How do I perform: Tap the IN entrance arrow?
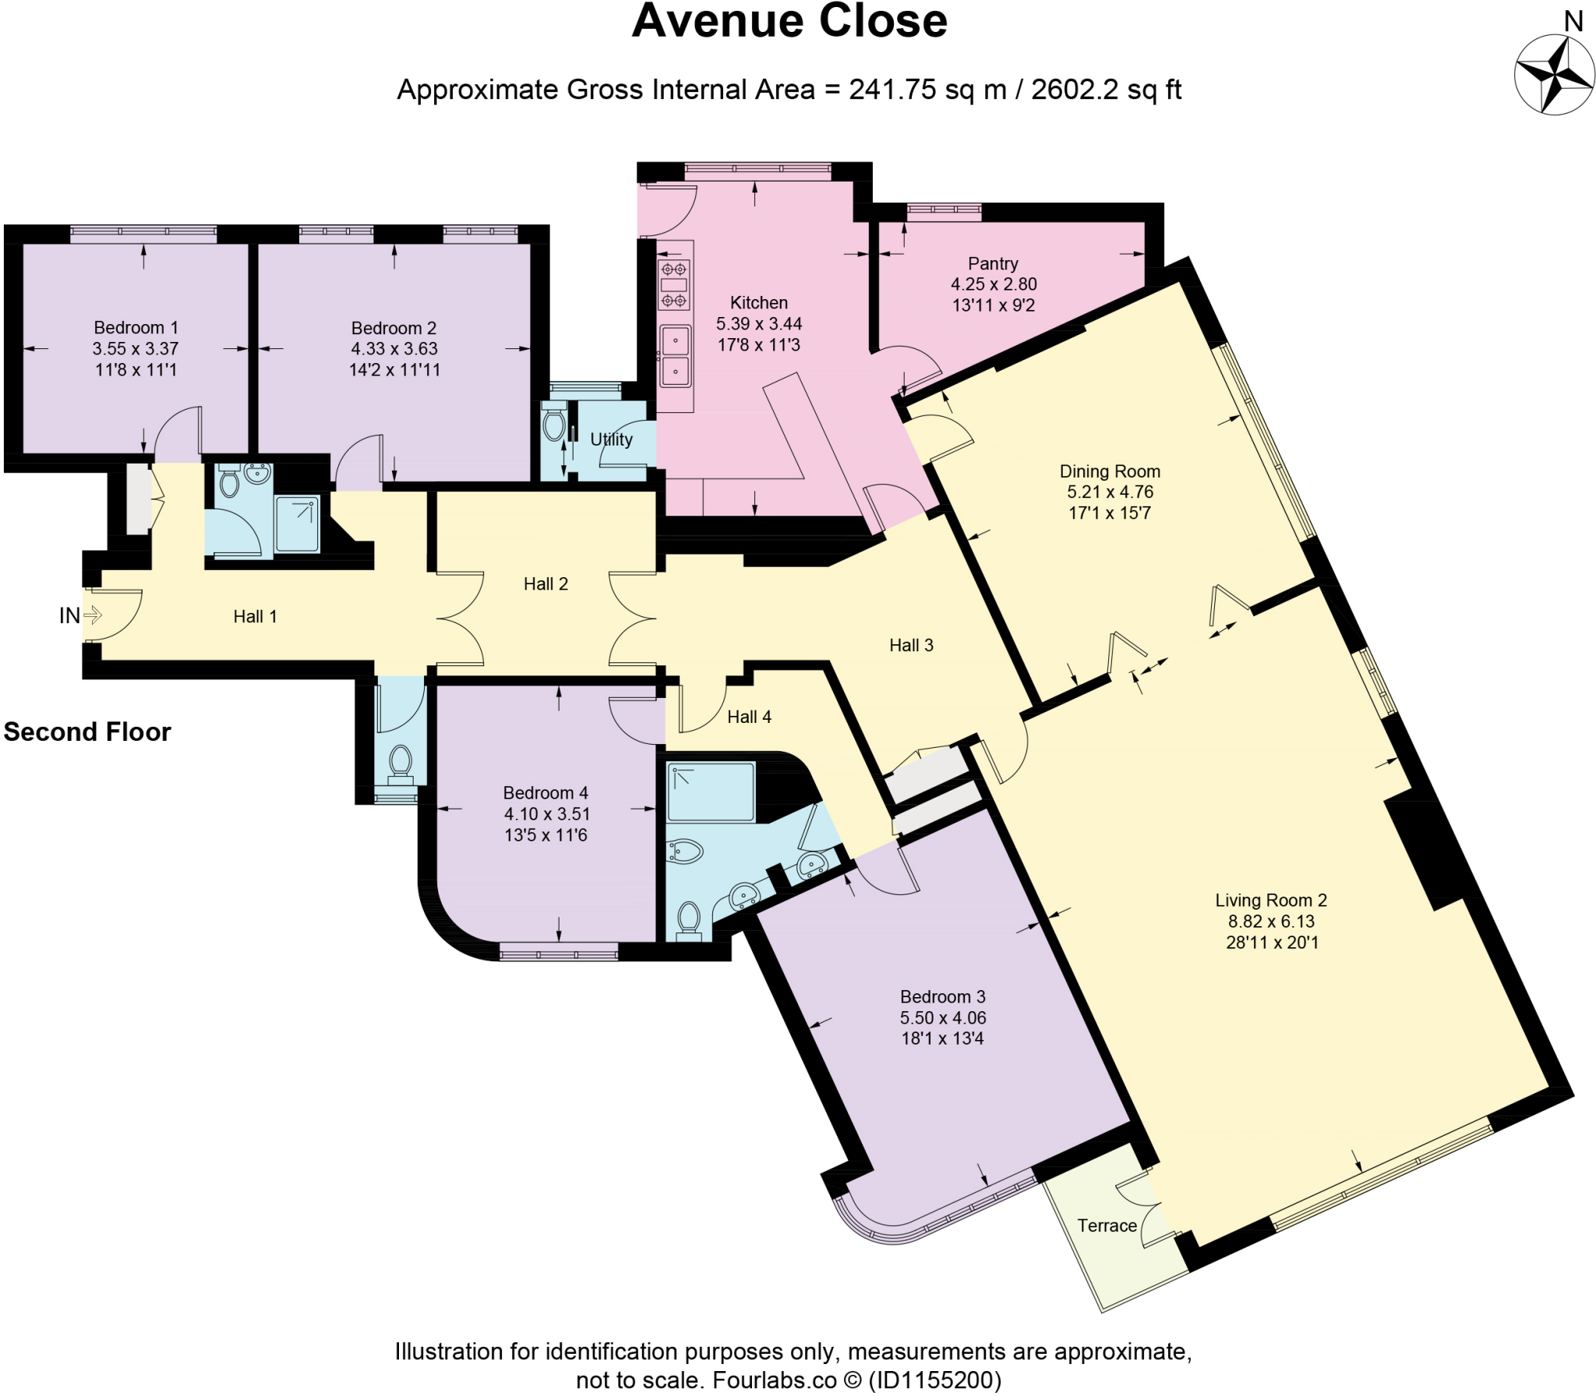[92, 615]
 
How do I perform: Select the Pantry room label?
[993, 263]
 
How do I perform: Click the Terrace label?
[1107, 1226]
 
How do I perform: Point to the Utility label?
[611, 439]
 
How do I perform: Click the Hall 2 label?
[546, 583]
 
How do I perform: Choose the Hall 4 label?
[749, 717]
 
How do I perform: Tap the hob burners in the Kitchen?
[674, 284]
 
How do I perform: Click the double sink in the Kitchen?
[676, 357]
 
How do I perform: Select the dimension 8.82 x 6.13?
[1271, 921]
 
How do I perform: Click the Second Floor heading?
[87, 731]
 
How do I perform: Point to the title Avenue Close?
[789, 21]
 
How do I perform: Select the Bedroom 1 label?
[136, 327]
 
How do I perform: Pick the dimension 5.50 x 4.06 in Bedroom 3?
[943, 1017]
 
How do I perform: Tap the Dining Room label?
[1110, 471]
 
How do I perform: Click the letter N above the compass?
[1573, 22]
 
